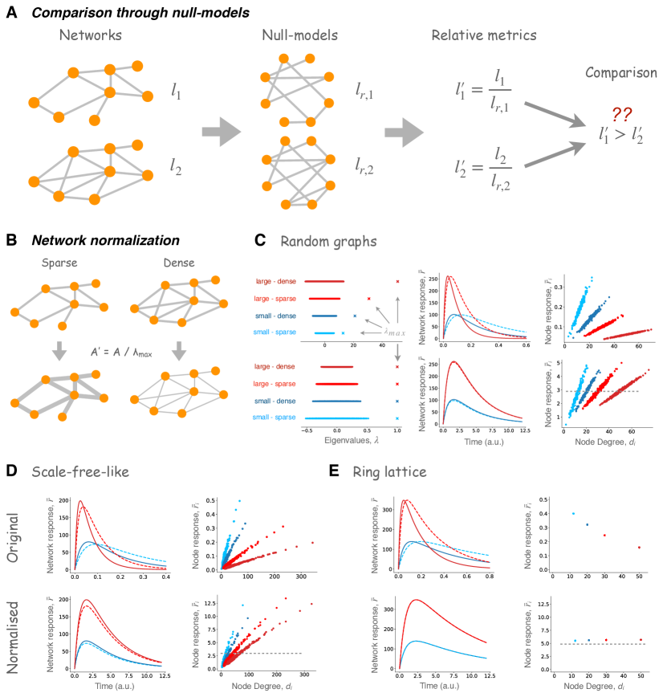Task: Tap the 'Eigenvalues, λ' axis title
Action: pyautogui.click(x=327, y=441)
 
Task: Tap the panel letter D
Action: pyautogui.click(x=11, y=472)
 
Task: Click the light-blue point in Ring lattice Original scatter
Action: pyautogui.click(x=573, y=514)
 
